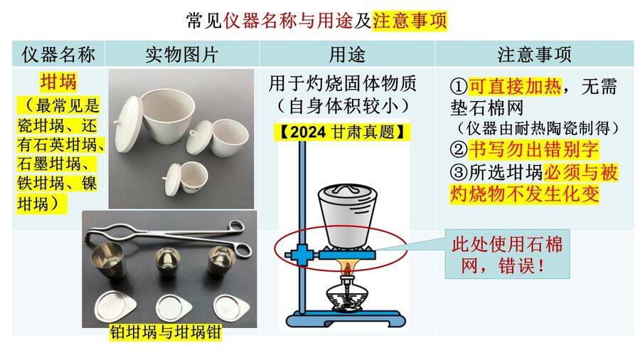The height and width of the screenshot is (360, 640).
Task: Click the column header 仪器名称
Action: pos(58,54)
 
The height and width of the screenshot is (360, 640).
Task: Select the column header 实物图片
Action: pos(182,54)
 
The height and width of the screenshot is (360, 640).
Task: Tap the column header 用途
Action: pos(347,54)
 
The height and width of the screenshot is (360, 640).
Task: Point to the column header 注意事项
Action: pos(534,54)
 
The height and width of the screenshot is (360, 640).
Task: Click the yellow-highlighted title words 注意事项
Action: pos(410,21)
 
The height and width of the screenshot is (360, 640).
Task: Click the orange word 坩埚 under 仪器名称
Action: pos(58,82)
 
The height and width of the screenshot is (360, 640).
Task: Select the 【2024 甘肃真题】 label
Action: pos(344,132)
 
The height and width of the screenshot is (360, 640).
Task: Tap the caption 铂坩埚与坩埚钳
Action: pos(165,332)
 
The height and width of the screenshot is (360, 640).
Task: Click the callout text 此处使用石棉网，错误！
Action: pos(507,255)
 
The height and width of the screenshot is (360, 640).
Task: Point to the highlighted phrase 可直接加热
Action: pos(515,86)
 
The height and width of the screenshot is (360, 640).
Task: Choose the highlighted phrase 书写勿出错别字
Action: pos(533,149)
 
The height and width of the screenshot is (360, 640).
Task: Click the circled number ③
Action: pos(459,172)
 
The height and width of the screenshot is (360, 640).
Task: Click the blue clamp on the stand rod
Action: pos(300,255)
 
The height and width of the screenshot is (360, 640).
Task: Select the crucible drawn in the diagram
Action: pos(346,216)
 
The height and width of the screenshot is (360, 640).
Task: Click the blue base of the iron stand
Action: pos(343,317)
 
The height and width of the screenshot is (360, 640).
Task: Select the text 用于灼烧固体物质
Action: pos(343,84)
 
